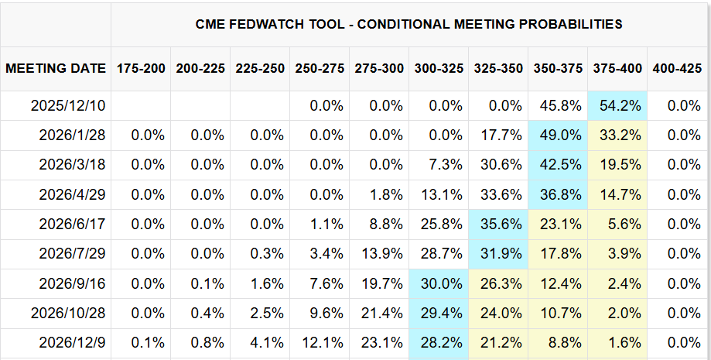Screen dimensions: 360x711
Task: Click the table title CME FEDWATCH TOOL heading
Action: click(409, 24)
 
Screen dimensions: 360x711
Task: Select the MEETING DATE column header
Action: click(56, 68)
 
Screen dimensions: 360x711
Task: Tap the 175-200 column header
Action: click(141, 68)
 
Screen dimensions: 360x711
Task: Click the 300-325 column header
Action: click(439, 68)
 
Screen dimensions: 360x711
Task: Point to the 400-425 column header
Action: click(677, 68)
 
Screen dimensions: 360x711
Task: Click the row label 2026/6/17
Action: click(73, 224)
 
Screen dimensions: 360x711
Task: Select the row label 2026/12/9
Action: click(73, 342)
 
